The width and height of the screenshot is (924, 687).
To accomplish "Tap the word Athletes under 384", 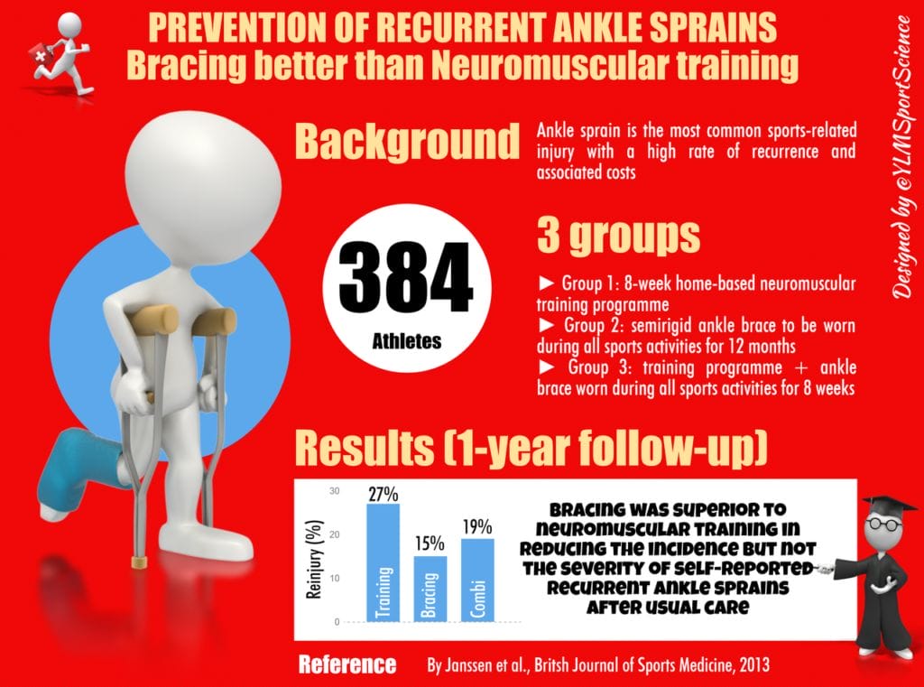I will (x=406, y=341).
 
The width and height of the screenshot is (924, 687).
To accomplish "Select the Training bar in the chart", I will (x=383, y=564).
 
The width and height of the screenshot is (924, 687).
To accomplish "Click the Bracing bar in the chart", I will (x=430, y=589).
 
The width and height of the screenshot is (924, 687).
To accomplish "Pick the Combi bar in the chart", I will (x=478, y=580).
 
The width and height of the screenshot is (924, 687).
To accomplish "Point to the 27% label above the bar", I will (x=383, y=494).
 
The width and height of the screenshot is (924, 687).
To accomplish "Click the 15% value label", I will (x=430, y=544).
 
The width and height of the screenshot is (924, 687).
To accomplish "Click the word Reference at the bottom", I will (x=346, y=665).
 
